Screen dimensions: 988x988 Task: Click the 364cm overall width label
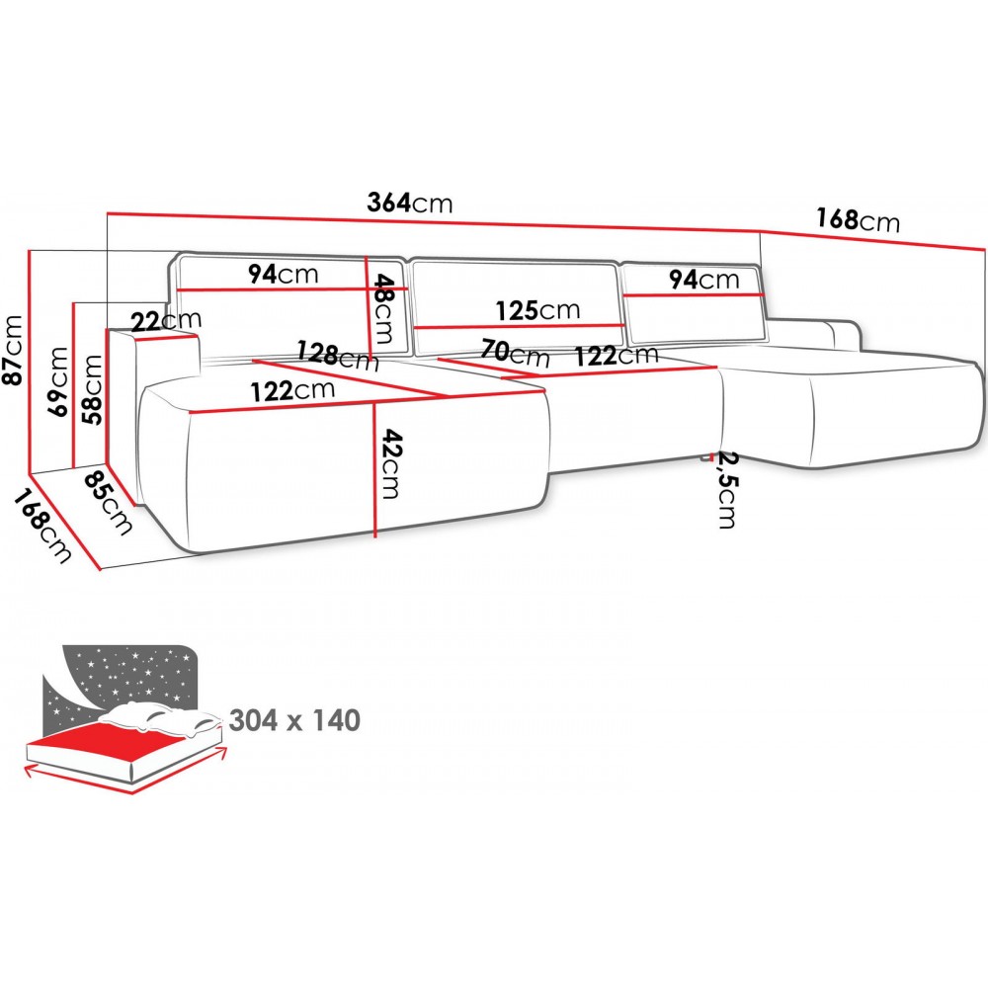click(x=409, y=204)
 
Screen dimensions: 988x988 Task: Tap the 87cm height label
click(x=14, y=352)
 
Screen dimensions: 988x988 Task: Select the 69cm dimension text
click(x=59, y=382)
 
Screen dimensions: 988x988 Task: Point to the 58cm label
click(x=92, y=388)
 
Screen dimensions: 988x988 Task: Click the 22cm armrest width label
click(x=165, y=319)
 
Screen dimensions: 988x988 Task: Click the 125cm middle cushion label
click(x=537, y=310)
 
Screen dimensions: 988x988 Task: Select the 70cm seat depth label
click(x=515, y=352)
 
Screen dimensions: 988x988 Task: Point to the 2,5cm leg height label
click(x=727, y=490)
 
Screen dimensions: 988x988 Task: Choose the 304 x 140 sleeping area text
click(x=294, y=720)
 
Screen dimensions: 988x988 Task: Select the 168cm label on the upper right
click(x=858, y=219)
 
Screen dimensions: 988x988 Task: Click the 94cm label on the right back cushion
click(x=703, y=280)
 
